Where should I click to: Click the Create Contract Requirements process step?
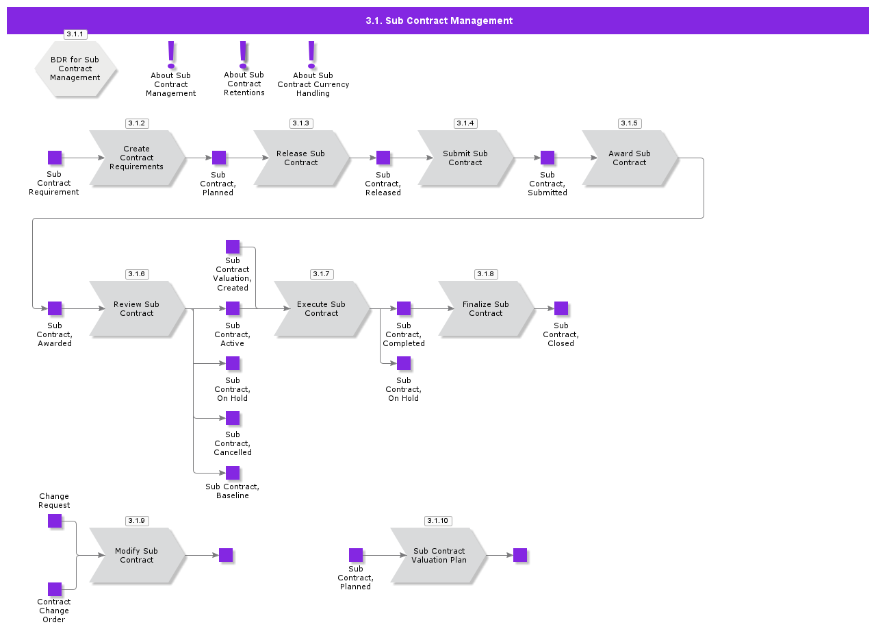(x=137, y=158)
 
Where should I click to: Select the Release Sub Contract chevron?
(x=301, y=158)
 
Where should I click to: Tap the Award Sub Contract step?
(x=630, y=158)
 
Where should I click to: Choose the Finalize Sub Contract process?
(x=486, y=308)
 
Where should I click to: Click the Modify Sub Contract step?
(x=137, y=555)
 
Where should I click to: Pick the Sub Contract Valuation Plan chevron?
(x=438, y=555)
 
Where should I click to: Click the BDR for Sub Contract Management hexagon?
(x=75, y=69)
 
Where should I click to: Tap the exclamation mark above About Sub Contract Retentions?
(x=243, y=54)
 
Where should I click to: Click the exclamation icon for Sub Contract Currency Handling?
(x=311, y=54)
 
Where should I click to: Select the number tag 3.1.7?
(x=321, y=274)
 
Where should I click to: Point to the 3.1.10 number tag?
(x=437, y=521)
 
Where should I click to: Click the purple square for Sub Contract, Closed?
(x=561, y=308)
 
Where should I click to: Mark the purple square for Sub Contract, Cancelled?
(x=233, y=418)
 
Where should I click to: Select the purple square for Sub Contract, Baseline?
(x=233, y=473)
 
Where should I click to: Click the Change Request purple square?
(x=55, y=521)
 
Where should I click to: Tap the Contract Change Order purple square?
(x=55, y=589)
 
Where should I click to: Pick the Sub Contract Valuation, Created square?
(x=233, y=247)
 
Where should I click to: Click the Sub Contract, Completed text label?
(x=404, y=334)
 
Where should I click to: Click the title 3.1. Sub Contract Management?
(x=439, y=21)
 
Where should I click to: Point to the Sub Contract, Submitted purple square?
(x=547, y=158)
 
